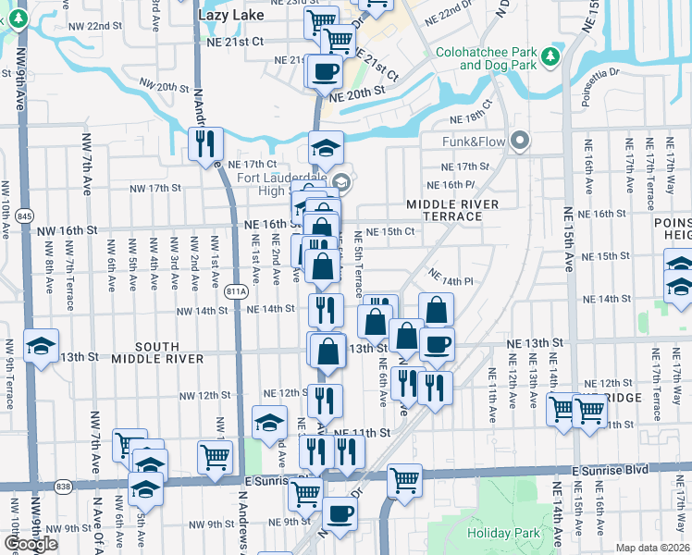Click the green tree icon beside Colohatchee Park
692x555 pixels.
(551, 57)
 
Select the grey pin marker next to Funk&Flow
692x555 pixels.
(520, 142)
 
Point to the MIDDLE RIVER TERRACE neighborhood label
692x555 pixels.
(451, 210)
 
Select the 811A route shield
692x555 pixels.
(236, 291)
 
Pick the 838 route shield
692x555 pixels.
(63, 486)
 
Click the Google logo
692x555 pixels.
(31, 544)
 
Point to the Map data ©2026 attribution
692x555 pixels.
(653, 548)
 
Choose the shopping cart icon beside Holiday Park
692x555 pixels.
(404, 479)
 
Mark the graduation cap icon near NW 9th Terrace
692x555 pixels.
(41, 346)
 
